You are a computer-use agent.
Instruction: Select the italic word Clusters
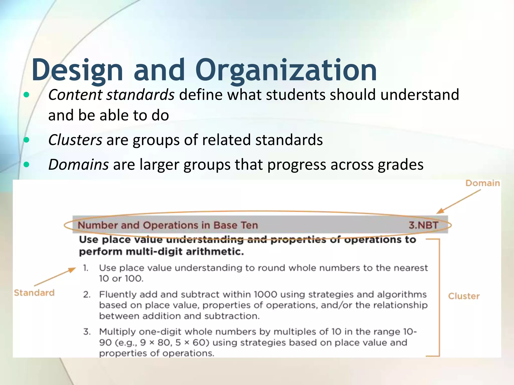[x=75, y=140]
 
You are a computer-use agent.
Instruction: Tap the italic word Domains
[x=78, y=164]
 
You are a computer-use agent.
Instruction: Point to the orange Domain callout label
[x=482, y=183]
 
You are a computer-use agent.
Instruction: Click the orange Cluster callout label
[x=464, y=296]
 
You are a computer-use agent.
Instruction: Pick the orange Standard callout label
[x=34, y=293]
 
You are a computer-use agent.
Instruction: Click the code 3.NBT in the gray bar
[x=423, y=225]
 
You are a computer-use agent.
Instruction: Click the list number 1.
[x=86, y=268]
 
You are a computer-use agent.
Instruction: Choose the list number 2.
[x=87, y=294]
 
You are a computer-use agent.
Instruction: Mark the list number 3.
[x=87, y=332]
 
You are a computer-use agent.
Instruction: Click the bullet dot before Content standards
[x=26, y=95]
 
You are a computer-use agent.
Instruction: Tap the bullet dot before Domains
[x=26, y=165]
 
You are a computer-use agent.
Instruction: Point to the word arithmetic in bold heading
[x=215, y=251]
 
